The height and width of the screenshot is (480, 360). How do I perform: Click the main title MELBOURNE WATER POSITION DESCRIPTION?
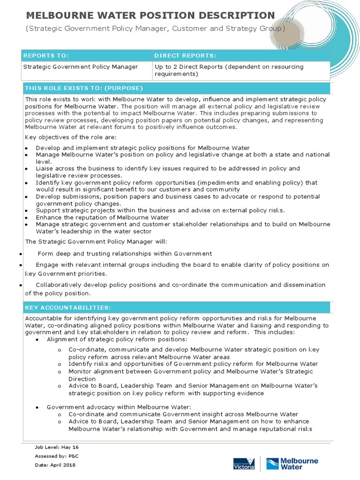[x=150, y=15]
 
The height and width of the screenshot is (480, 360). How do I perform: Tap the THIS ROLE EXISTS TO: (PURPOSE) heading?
[x=84, y=88]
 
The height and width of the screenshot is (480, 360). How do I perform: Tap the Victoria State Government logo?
[x=244, y=464]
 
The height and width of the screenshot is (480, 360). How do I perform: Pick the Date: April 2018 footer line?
[x=55, y=465]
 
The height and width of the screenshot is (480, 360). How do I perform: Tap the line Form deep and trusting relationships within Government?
[x=125, y=254]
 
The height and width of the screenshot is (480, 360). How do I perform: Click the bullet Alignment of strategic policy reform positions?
[x=117, y=339]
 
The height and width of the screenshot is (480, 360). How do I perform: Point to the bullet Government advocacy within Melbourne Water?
[x=119, y=407]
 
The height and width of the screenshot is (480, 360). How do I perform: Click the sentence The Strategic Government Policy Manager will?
[x=96, y=241]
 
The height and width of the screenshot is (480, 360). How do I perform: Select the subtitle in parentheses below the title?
[x=155, y=29]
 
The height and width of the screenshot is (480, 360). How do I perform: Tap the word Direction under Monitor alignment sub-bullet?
[x=82, y=379]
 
